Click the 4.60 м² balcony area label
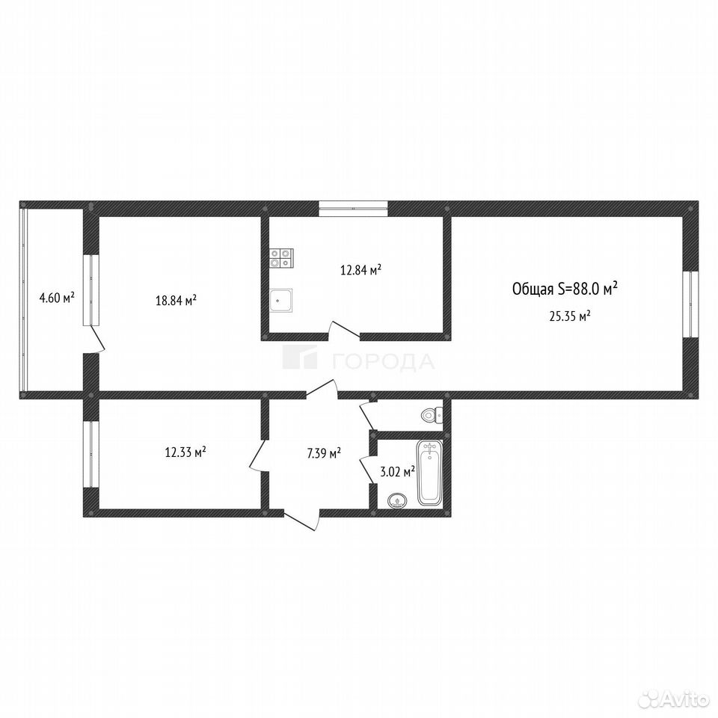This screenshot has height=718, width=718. coord(58,298)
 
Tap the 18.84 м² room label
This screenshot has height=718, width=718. coord(177,301)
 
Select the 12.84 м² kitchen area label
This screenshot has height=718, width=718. coord(360,270)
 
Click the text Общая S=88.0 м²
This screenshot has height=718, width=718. coord(565,289)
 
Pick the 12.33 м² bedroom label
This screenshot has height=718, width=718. coord(185,452)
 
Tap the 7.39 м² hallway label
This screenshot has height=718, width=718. coord(324,453)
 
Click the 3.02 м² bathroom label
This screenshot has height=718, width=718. coord(398,471)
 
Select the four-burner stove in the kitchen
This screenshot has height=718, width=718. coord(281,257)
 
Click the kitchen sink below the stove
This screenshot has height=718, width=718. coord(280,301)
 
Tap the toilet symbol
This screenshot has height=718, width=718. coord(432,415)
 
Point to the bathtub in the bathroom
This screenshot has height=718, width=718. coord(429,473)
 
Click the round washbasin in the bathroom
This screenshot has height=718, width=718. coord(396,500)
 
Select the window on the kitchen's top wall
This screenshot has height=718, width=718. coord(354,209)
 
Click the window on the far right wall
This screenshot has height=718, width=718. coord(690,304)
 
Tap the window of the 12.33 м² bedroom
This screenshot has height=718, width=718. coord(91,454)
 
